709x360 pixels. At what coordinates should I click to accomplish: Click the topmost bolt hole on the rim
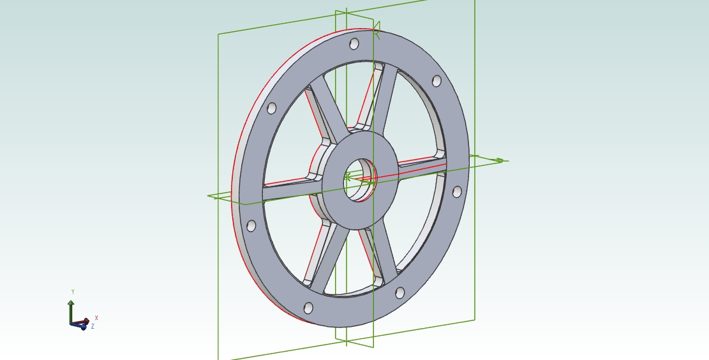click(355, 44)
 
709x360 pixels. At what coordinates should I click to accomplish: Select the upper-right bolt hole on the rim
click(437, 81)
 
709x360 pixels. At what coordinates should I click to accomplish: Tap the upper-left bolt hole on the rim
click(272, 108)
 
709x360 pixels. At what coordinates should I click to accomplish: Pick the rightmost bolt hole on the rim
click(457, 191)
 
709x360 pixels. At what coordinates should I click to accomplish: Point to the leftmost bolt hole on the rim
click(251, 225)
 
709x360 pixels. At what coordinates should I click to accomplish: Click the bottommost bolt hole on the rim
click(308, 308)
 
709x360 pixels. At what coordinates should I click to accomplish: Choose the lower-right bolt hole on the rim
click(399, 292)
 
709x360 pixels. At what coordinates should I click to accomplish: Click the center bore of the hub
click(360, 180)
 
